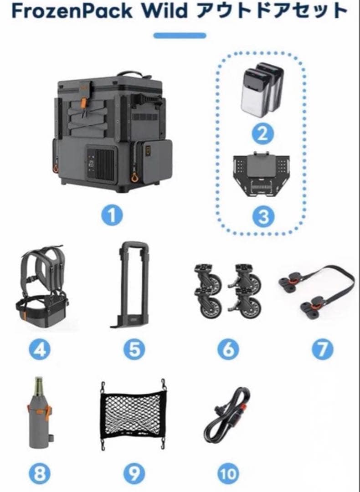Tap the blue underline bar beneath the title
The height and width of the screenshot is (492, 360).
pos(180,36)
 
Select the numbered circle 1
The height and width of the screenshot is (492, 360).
pos(112,215)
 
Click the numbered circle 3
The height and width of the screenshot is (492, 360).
pos(263,217)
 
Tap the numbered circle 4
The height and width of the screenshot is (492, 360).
pos(40,349)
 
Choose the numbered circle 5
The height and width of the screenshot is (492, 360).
pos(134,349)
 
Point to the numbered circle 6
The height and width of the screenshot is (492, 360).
pos(228,349)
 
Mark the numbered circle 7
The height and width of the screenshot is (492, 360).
pos(322,349)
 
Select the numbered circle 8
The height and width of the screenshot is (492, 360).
pos(40,473)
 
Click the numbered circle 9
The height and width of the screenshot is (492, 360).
pos(134,473)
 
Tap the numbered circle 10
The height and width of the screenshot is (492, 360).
pos(228,473)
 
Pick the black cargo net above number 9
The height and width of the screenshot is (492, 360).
pos(133,414)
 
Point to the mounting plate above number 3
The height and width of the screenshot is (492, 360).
pos(261,174)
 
